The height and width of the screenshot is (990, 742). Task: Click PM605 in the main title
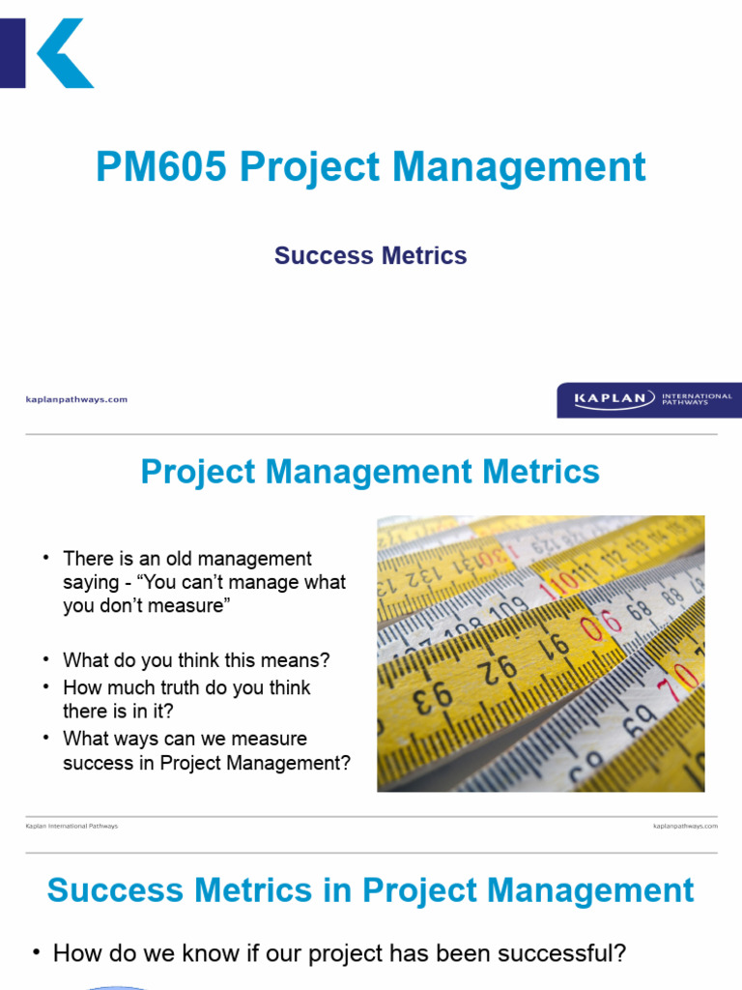(x=160, y=167)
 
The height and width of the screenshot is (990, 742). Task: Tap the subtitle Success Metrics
(x=370, y=256)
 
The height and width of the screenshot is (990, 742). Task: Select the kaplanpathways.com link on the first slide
(x=75, y=399)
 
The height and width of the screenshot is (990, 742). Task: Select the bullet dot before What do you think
(x=44, y=661)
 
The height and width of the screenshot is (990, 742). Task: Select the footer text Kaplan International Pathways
(x=71, y=827)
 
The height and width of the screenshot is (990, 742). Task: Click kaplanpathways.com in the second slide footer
(x=685, y=827)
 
